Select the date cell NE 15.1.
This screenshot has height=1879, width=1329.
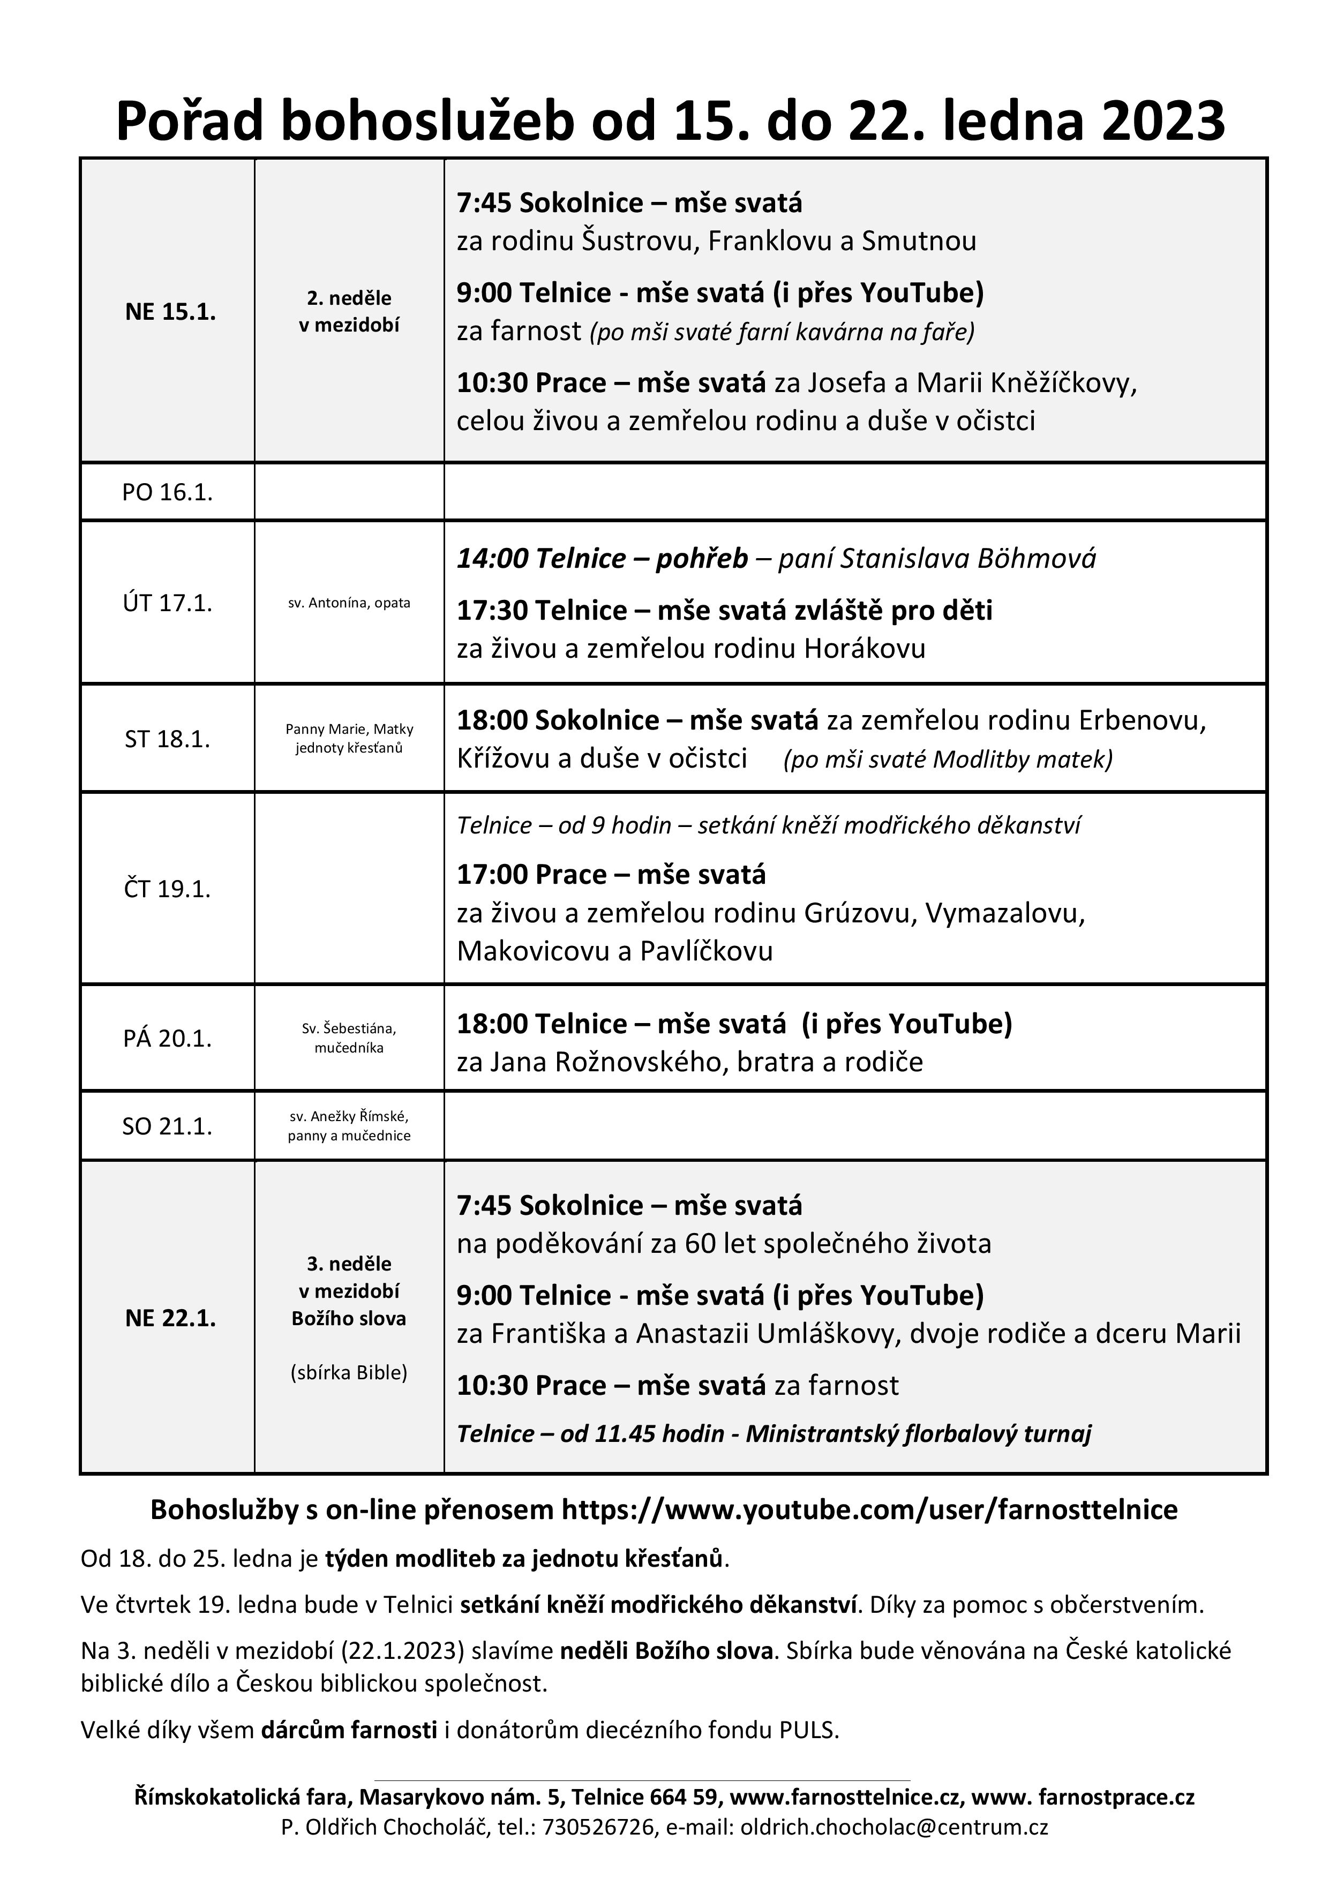(170, 312)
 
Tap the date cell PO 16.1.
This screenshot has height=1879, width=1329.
(168, 492)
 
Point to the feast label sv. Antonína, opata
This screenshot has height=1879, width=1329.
(349, 603)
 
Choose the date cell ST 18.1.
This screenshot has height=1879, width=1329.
(168, 739)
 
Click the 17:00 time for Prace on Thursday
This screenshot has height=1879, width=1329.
(492, 874)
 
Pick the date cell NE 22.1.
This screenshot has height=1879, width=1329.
(170, 1318)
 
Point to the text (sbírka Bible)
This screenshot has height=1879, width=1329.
(349, 1372)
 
